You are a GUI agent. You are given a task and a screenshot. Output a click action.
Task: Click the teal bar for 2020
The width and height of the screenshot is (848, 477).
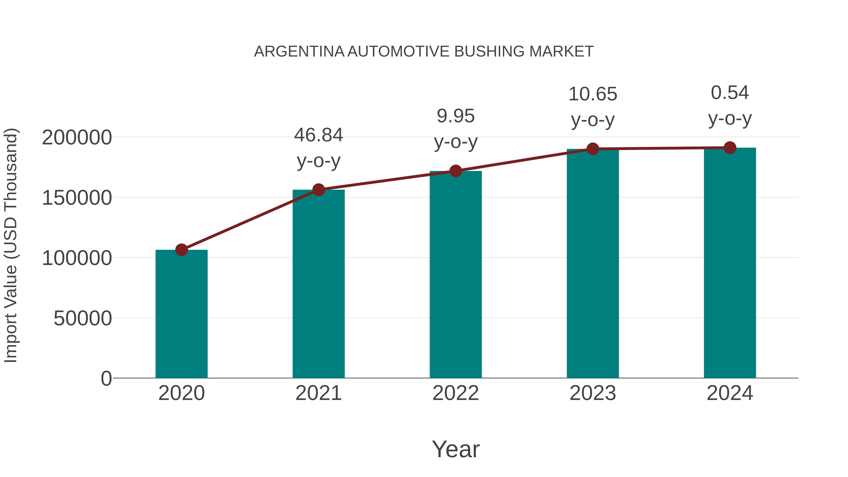181,314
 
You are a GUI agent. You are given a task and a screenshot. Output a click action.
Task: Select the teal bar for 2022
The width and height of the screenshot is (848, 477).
456,275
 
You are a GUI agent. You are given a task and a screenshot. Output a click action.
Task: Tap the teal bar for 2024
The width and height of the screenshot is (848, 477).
730,263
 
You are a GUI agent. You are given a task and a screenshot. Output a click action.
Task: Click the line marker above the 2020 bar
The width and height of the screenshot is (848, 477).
181,250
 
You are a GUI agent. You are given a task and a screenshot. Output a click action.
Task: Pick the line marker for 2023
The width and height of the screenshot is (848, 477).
593,149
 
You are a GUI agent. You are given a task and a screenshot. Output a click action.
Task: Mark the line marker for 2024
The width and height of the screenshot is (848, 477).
730,148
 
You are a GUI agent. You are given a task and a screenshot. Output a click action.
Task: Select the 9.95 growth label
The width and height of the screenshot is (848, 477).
456,116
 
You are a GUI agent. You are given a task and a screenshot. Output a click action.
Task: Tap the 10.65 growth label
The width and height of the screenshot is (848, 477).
593,94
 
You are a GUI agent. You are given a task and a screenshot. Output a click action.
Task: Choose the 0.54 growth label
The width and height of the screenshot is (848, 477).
730,93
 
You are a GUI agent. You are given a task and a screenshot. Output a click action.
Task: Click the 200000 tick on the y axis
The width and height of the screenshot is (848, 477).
77,137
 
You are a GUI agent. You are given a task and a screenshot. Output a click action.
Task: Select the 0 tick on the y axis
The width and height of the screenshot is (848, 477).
106,378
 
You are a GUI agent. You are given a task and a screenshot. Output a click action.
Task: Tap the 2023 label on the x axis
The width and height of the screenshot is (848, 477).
593,393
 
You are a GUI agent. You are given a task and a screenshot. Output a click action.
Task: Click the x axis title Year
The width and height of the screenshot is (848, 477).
456,449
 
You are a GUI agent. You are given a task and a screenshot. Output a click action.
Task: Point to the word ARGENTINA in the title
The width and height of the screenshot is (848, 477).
299,52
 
